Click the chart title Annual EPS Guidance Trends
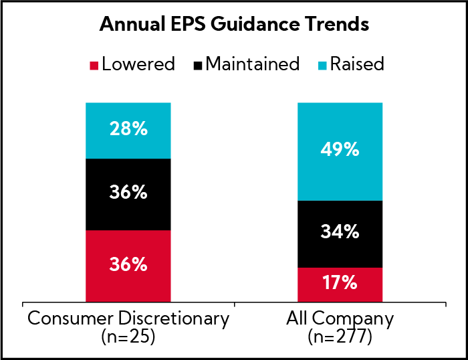[234, 25]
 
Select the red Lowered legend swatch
[94, 65]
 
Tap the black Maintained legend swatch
[197, 65]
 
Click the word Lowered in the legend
[139, 64]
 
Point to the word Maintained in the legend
[253, 64]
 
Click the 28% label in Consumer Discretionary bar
[128, 130]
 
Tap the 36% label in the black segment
[128, 193]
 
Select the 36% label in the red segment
[128, 264]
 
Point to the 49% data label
[340, 151]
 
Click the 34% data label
[340, 233]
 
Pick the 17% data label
[340, 283]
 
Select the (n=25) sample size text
[128, 336]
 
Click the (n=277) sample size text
[340, 336]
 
